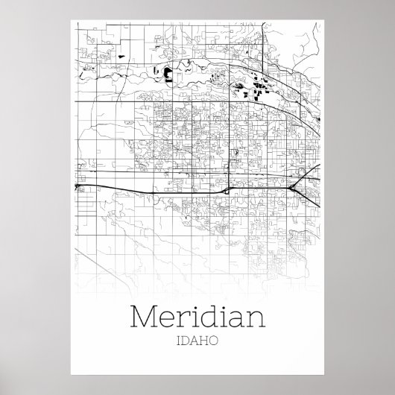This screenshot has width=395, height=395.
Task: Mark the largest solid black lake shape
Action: pyautogui.click(x=168, y=74)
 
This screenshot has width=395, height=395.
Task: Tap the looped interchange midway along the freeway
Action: pyautogui.click(x=224, y=190)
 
